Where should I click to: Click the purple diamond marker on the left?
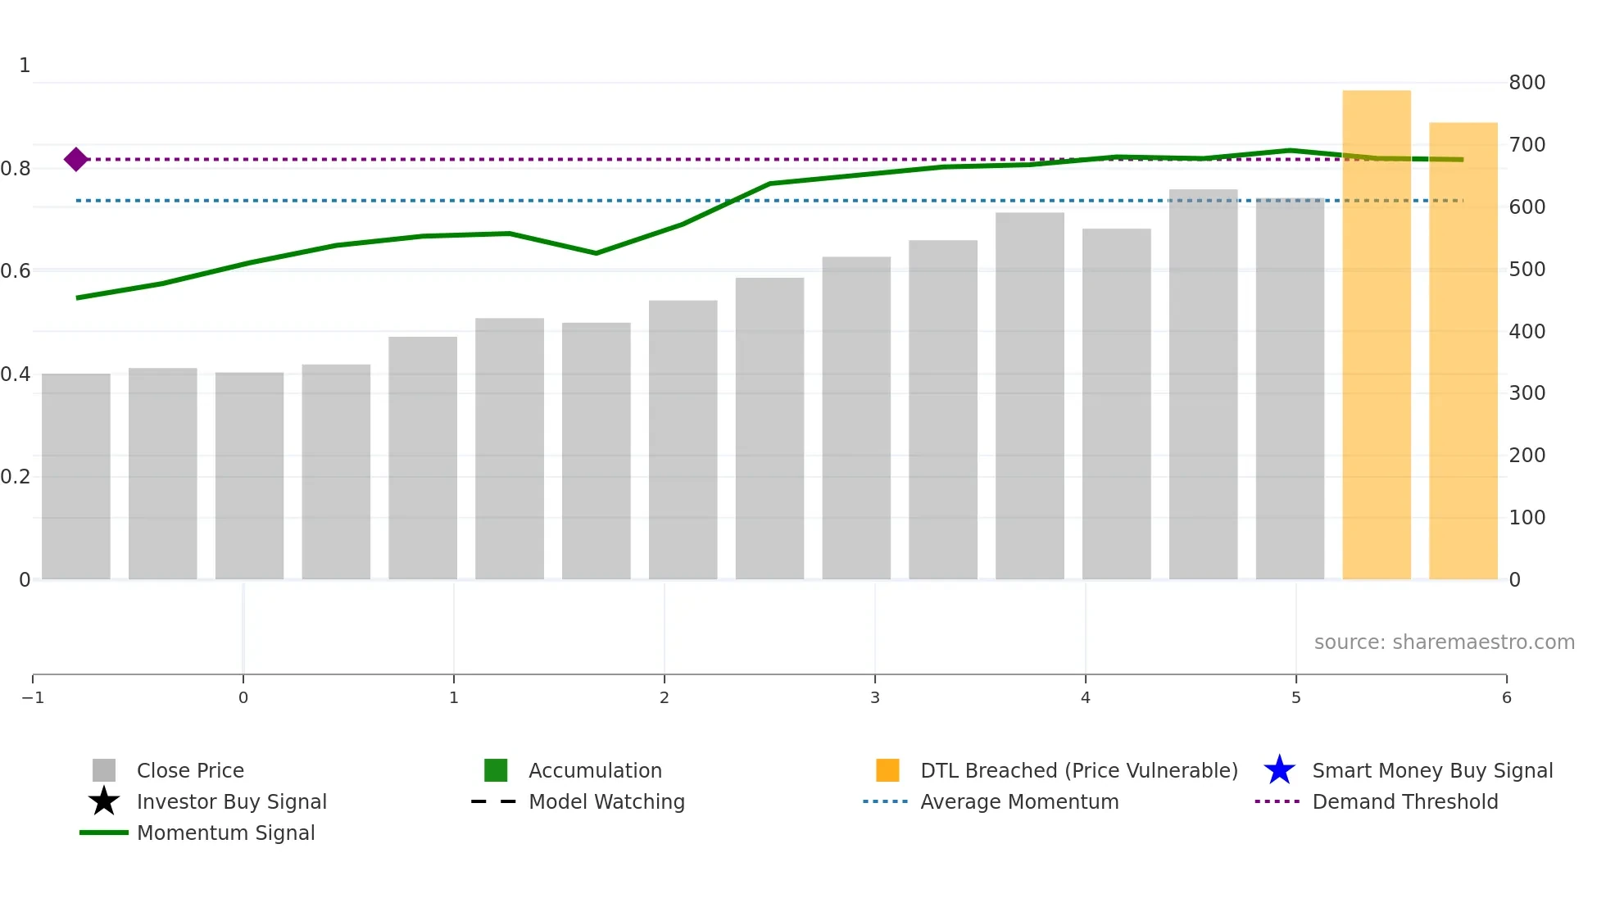click(x=76, y=159)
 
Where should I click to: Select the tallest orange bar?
click(x=1376, y=336)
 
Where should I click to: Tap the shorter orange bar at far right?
click(x=1463, y=352)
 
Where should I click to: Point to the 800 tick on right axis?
click(x=1527, y=83)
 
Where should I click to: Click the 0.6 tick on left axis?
click(x=16, y=271)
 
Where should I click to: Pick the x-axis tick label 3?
click(x=874, y=698)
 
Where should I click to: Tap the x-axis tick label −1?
click(x=33, y=698)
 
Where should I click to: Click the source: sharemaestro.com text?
click(x=1444, y=642)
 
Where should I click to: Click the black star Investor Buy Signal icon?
click(x=104, y=801)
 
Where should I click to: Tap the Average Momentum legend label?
click(x=1018, y=802)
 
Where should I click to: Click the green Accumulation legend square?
click(x=496, y=770)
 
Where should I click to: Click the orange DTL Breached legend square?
click(x=887, y=770)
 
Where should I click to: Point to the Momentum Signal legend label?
click(x=225, y=833)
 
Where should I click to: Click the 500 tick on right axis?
click(x=1527, y=270)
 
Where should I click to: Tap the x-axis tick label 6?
click(x=1506, y=698)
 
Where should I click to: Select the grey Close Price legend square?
click(x=104, y=770)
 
